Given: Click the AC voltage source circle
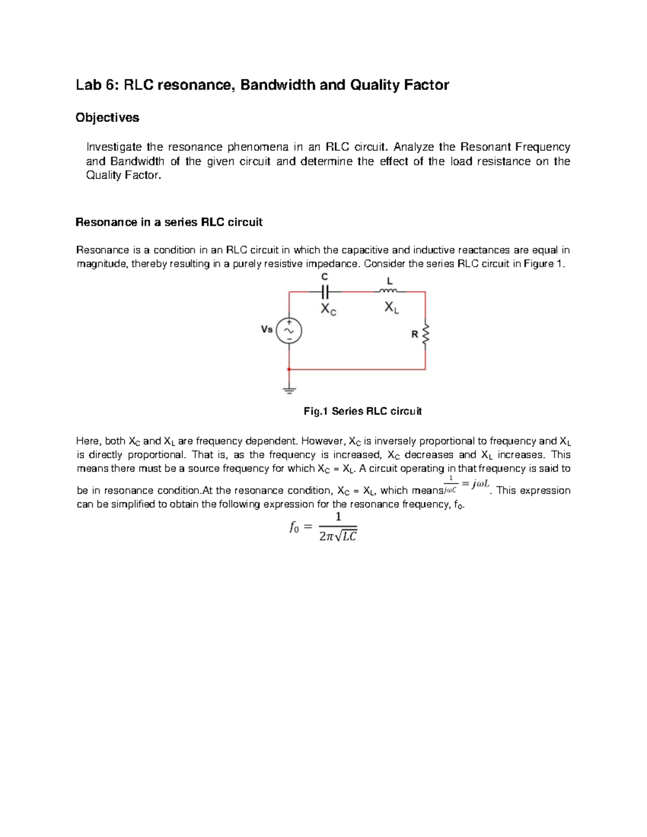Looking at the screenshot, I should [x=289, y=330].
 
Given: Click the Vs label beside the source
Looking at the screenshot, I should [x=267, y=329].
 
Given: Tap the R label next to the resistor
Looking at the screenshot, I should [x=415, y=334].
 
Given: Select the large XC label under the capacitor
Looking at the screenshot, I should [x=328, y=309].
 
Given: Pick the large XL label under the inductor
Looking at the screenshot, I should [x=392, y=308].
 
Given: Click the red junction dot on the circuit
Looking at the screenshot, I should [x=289, y=370].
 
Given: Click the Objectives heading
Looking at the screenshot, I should [x=107, y=117].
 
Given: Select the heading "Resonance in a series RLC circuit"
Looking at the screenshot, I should [x=169, y=222].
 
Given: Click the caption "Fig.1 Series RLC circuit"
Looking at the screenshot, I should [x=362, y=411].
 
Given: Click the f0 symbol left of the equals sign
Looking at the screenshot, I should [x=294, y=528].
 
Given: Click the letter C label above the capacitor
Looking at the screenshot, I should [x=324, y=276].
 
